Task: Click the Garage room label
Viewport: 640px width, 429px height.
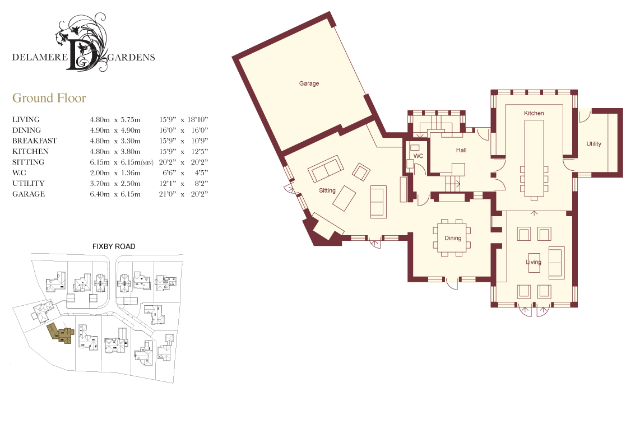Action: tap(309, 83)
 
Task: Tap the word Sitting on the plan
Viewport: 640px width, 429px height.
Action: tap(327, 190)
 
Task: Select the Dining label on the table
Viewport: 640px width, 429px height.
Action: tap(453, 238)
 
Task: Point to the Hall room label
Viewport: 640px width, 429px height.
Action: tap(461, 150)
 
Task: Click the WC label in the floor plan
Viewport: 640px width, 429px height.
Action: tap(419, 156)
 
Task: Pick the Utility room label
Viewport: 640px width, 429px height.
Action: tap(594, 144)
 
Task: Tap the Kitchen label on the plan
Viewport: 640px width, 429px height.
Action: tap(534, 113)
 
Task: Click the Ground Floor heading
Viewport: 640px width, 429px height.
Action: tap(49, 98)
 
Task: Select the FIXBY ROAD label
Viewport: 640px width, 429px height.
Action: tap(114, 246)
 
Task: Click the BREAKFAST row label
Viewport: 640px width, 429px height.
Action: tap(35, 141)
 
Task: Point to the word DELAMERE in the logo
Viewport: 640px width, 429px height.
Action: tap(40, 57)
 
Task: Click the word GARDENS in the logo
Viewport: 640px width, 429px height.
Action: tap(131, 58)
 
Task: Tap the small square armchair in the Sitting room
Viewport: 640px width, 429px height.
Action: tap(361, 172)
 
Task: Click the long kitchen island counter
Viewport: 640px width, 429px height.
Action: tap(534, 158)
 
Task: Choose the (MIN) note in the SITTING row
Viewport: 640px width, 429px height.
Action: tap(147, 163)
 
